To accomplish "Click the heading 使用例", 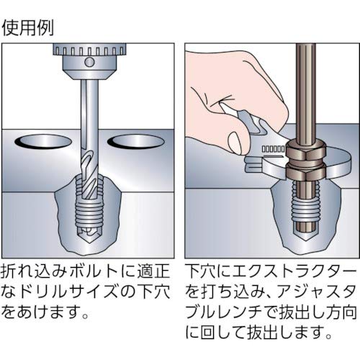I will click(28, 28).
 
